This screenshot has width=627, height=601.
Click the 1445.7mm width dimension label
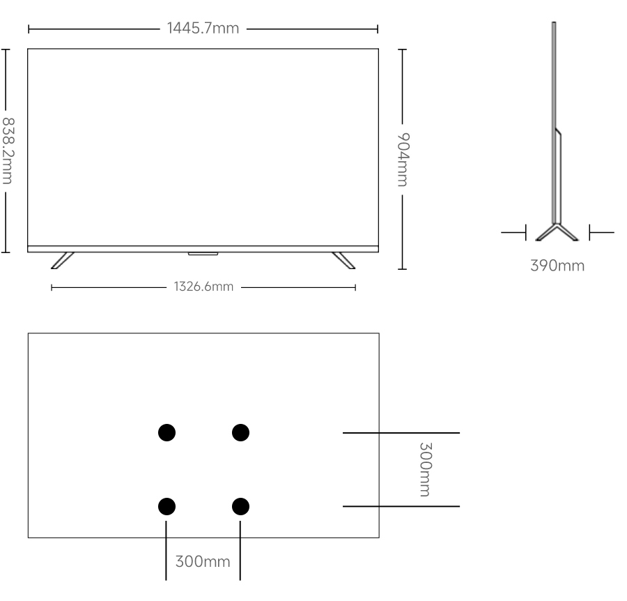tap(203, 29)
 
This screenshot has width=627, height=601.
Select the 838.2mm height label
tap(7, 150)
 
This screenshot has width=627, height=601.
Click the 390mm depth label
tap(557, 266)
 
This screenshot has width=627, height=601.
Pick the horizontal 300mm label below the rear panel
tap(202, 562)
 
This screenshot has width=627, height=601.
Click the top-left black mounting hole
tap(166, 433)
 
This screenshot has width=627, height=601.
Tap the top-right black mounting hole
tap(240, 433)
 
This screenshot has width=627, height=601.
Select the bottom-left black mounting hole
tap(166, 506)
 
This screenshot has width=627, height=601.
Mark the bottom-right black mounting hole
tap(240, 506)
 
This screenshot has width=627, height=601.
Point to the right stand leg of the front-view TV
tap(343, 259)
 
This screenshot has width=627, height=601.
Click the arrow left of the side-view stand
tap(514, 233)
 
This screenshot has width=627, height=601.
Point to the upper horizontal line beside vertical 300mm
tap(401, 433)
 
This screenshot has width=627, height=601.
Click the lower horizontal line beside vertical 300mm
tap(401, 506)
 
